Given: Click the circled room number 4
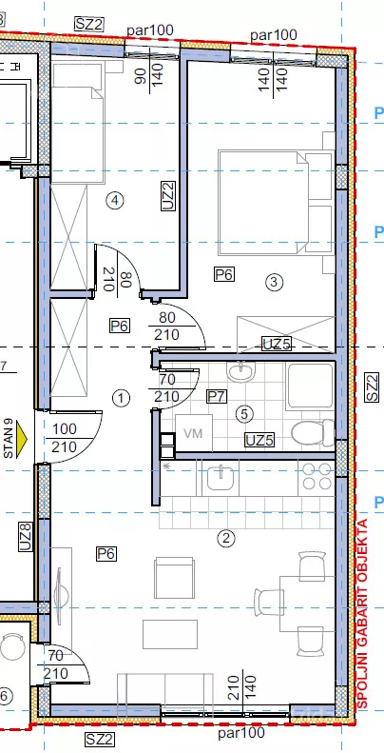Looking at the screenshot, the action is pos(115,200).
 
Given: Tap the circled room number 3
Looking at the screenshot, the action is pos(274,282).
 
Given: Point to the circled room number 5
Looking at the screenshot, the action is pos(244,413).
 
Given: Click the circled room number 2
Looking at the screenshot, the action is pos(226,539).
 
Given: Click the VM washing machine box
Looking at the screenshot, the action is pos(194,433).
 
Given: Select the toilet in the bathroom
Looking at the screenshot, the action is pos(313,432).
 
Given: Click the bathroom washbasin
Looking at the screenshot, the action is pos(241,371).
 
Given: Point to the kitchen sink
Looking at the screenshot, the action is pos(221,478).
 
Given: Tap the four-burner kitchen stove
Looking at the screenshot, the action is pos(316,476).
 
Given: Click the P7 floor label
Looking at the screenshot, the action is pos(217,396).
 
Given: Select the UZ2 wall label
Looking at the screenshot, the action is pos(168,196).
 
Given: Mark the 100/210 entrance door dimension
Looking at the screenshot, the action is pos(65,438).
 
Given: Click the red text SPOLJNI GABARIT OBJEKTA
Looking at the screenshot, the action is pos(363,613).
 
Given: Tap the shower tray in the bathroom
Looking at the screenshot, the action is pos(310,386).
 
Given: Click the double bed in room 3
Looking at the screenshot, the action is pos(277,203).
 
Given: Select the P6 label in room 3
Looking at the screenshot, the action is pos(224,275).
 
